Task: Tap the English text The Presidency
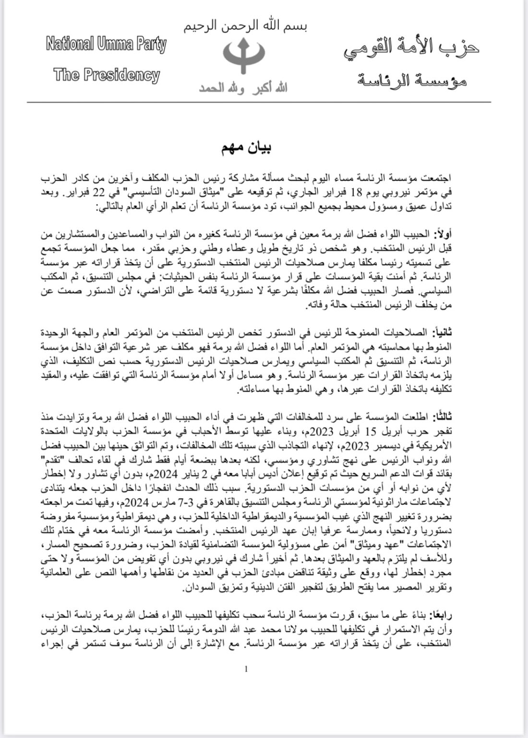[107, 75]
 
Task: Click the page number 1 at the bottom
[246, 668]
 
